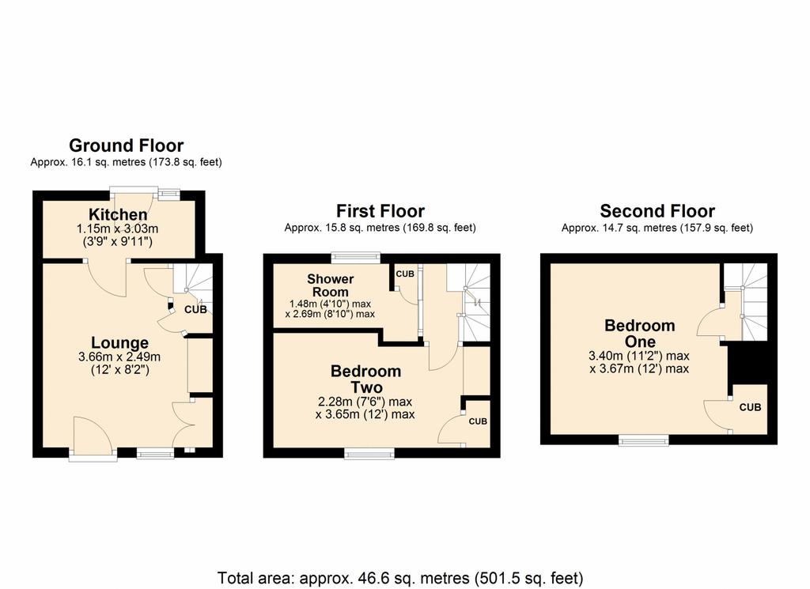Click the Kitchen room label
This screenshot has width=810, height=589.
(x=118, y=214)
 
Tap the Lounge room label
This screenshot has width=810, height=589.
(x=120, y=343)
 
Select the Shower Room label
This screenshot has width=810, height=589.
(x=330, y=285)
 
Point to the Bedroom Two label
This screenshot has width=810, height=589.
(x=365, y=379)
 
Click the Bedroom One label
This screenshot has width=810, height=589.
(x=639, y=334)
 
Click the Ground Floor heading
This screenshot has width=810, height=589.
(x=126, y=145)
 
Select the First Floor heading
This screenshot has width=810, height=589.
(x=380, y=211)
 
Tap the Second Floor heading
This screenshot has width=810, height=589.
(x=657, y=211)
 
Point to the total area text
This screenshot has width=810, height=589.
(x=400, y=578)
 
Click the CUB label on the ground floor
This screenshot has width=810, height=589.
(x=196, y=310)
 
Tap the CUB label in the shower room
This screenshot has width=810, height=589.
(x=405, y=274)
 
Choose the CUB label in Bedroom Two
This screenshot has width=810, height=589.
(x=478, y=421)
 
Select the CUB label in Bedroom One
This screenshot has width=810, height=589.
(x=750, y=407)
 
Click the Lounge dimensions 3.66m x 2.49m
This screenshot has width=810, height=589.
(x=119, y=357)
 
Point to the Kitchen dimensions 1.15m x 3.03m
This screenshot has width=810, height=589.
(x=117, y=228)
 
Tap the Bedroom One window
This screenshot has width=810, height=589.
(x=644, y=440)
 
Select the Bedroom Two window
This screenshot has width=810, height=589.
(x=369, y=454)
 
